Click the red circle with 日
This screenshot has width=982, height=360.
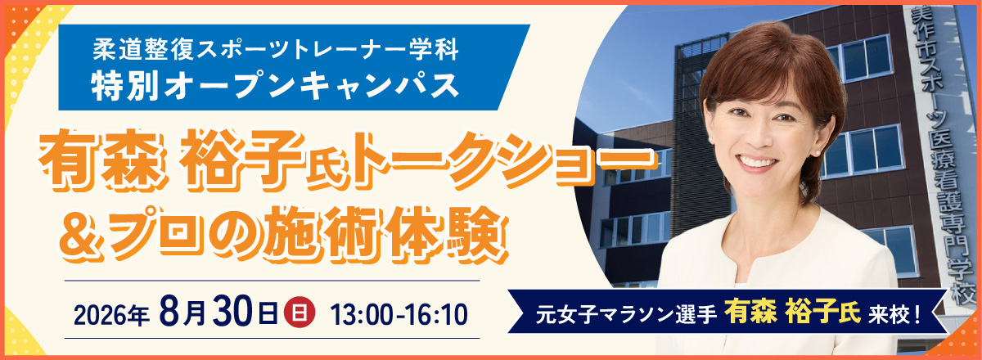click(x=300, y=313)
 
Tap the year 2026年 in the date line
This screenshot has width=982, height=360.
click(x=112, y=316)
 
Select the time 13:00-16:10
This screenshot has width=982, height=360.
click(x=399, y=315)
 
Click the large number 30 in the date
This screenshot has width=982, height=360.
click(x=234, y=311)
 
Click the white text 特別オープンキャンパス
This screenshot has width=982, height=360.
click(x=275, y=86)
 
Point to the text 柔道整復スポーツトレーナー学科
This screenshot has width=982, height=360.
click(x=275, y=49)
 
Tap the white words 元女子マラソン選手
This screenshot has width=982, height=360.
click(x=627, y=314)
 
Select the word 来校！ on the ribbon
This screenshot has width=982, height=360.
click(x=894, y=314)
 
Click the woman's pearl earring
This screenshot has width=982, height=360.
click(x=818, y=152)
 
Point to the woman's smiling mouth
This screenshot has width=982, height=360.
click(x=758, y=162)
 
